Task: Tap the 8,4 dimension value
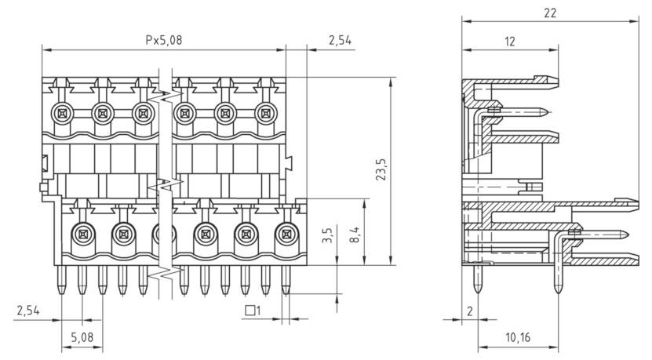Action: click(355, 233)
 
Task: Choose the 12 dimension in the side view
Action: click(510, 42)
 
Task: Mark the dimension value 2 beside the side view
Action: click(469, 311)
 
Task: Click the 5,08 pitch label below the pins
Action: click(81, 340)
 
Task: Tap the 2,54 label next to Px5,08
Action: click(339, 39)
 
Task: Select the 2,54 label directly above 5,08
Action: click(28, 311)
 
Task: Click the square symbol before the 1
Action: click(250, 311)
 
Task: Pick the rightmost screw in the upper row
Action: click(266, 115)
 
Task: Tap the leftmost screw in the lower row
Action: click(81, 233)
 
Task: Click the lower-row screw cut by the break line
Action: click(162, 233)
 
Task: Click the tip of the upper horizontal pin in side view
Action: click(547, 111)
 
